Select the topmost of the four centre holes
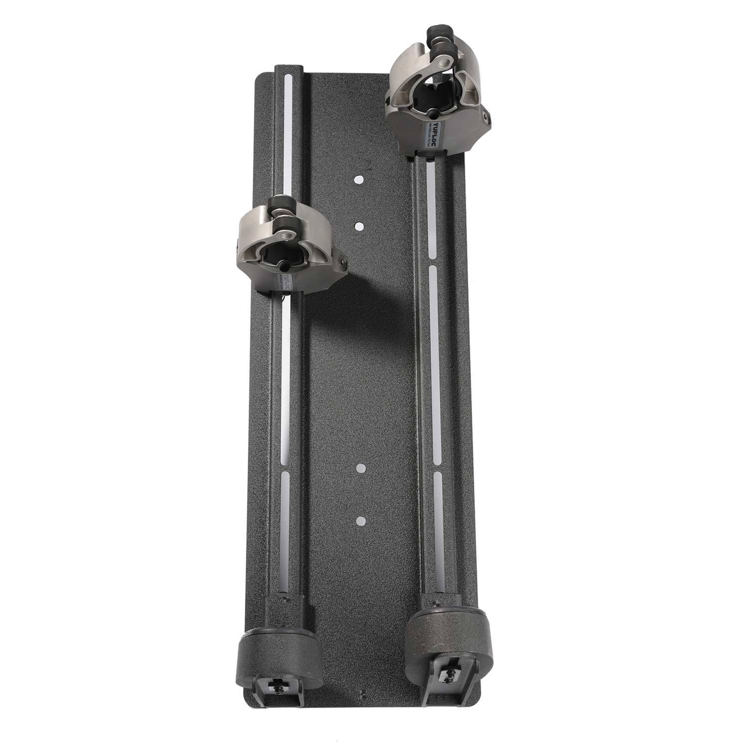pyautogui.click(x=358, y=181)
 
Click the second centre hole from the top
pyautogui.click(x=358, y=225)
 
